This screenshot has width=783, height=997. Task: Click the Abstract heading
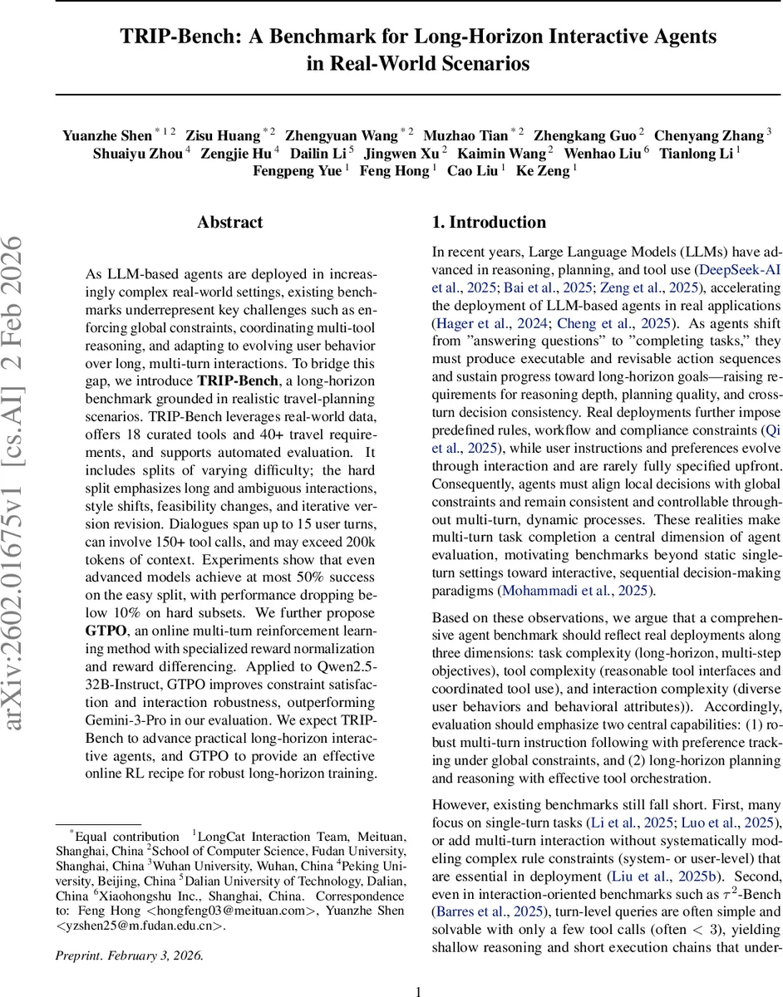(x=229, y=223)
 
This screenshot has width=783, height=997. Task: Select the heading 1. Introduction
(x=489, y=222)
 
